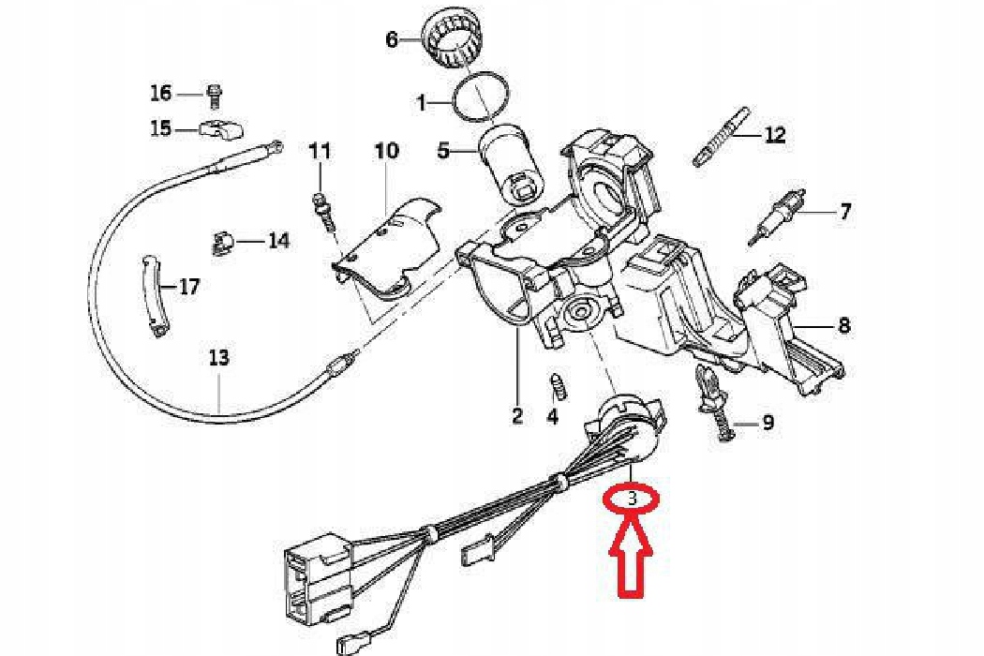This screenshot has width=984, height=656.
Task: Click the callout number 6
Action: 392,39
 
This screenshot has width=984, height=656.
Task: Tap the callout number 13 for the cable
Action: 218,357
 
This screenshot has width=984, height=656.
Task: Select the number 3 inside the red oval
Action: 633,499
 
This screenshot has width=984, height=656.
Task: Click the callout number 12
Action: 775,136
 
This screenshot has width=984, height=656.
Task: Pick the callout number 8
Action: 844,326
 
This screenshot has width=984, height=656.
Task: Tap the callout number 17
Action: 189,287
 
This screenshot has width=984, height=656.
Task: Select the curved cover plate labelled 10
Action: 389,248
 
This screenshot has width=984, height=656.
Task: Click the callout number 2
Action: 517,415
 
